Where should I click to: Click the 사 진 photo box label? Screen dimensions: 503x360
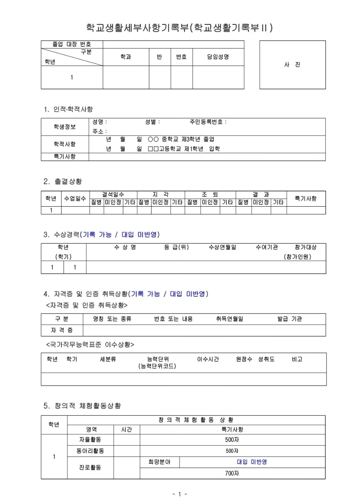click(292, 65)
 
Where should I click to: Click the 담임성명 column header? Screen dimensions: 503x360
click(218, 57)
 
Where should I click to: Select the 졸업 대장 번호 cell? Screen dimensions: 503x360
click(72, 44)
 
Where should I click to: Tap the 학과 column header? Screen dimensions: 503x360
click(126, 57)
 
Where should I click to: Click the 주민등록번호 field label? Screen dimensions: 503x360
click(208, 122)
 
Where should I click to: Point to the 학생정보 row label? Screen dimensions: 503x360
click(65, 127)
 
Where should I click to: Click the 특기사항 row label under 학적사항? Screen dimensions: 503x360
click(65, 156)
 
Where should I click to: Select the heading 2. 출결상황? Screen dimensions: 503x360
click(63, 181)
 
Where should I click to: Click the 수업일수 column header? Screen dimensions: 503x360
click(75, 198)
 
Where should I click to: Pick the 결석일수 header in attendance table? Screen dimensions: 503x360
click(113, 195)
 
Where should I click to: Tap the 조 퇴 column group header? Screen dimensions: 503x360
click(210, 195)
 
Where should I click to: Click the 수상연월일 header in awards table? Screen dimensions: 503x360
click(223, 247)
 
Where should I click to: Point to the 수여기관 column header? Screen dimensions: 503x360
click(267, 247)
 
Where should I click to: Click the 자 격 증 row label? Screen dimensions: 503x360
click(62, 330)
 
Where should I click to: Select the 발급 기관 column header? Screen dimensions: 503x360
click(290, 319)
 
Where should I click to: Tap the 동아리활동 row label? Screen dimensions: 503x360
click(90, 451)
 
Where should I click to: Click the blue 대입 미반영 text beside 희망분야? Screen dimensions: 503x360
click(252, 462)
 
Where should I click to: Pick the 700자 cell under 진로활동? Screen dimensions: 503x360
click(232, 474)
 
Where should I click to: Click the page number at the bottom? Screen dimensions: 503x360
click(180, 494)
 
